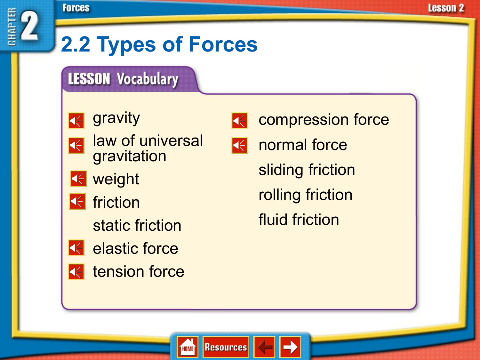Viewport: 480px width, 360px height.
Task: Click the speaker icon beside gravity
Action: pos(76,121)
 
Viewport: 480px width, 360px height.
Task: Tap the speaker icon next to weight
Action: pos(78,179)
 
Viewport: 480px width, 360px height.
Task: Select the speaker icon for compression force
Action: pos(240,121)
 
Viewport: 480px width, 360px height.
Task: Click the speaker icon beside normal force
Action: pos(240,146)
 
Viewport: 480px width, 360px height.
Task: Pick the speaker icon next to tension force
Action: pos(76,272)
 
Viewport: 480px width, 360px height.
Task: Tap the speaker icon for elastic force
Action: pos(76,248)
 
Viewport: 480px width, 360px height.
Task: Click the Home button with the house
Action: pos(188,347)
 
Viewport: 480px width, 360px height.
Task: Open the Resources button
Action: pos(226,347)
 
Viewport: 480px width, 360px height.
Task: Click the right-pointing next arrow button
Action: pos(290,347)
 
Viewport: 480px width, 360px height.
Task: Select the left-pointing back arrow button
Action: pos(264,347)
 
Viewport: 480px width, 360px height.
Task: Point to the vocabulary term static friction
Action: pos(137,226)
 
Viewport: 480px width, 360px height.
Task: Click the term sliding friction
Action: pos(307,170)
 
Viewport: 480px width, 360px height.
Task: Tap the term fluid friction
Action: pos(299,220)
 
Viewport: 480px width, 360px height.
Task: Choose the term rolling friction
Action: pos(305,195)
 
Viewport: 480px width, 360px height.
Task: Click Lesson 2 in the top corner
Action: pos(446,8)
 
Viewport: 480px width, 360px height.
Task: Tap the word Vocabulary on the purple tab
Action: pos(148,79)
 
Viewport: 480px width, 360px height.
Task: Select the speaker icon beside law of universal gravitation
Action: pos(76,146)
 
